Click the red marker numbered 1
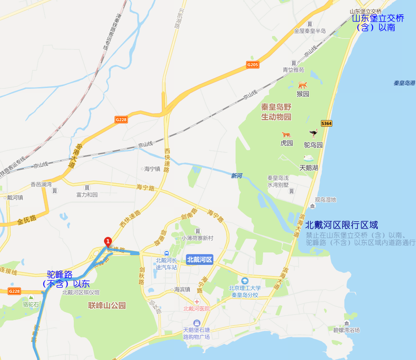click(107, 241)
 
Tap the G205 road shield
click(253, 65)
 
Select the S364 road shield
click(326, 123)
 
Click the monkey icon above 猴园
click(303, 85)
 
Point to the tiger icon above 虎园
click(286, 134)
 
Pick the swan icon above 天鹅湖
click(308, 158)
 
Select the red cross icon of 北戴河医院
click(197, 302)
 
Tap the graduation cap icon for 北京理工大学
click(244, 281)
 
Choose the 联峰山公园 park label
click(107, 305)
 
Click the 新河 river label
click(236, 176)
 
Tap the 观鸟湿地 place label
click(325, 200)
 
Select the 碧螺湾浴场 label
click(346, 330)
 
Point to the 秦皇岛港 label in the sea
click(404, 83)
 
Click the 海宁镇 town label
click(152, 169)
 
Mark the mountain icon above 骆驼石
click(31, 297)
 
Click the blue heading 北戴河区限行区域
click(341, 225)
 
